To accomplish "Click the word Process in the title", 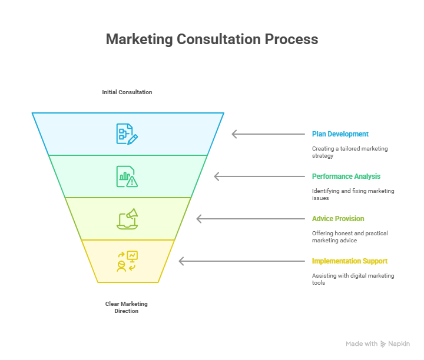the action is [x=291, y=39].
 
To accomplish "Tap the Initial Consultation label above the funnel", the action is [x=127, y=92].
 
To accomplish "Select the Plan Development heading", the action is [x=340, y=134].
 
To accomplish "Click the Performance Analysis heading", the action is [x=346, y=176].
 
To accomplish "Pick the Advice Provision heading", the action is [x=338, y=219].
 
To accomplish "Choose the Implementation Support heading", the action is [x=350, y=261].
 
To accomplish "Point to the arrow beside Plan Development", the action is [x=269, y=134].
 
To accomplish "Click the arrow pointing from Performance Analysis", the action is [x=259, y=176].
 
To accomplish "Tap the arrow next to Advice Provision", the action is [x=251, y=219].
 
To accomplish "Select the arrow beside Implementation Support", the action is [x=242, y=261].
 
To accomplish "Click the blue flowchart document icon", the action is [x=127, y=134].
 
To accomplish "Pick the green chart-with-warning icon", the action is [x=127, y=176].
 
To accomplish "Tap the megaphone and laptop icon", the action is [x=127, y=219].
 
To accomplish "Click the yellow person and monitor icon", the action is [x=127, y=261].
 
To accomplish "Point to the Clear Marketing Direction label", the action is [x=126, y=307].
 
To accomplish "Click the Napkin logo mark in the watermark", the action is [x=383, y=344].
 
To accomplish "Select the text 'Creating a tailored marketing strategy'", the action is [x=350, y=152].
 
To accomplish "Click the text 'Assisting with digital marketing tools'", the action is [x=353, y=279].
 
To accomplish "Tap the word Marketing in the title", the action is [x=139, y=39].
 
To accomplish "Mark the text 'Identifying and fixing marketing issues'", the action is [x=353, y=195].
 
